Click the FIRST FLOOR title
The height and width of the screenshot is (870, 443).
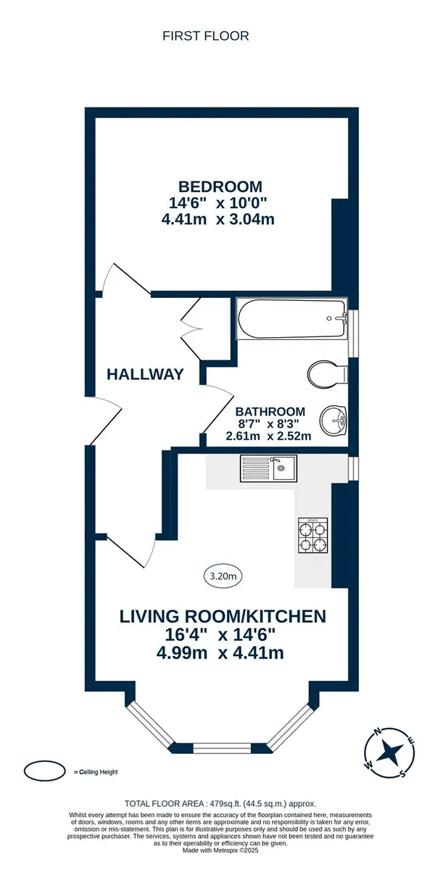pyautogui.click(x=205, y=36)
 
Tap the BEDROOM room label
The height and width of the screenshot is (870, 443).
pyautogui.click(x=220, y=187)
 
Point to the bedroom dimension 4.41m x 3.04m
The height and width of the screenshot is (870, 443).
pyautogui.click(x=218, y=220)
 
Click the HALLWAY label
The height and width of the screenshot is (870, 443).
pyautogui.click(x=145, y=374)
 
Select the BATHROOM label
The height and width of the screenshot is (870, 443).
pyautogui.click(x=270, y=411)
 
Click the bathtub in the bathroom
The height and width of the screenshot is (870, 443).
pyautogui.click(x=291, y=319)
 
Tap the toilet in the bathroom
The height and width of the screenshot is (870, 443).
pyautogui.click(x=327, y=374)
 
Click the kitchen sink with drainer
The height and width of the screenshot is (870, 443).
pyautogui.click(x=268, y=468)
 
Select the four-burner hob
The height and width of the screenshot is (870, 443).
pyautogui.click(x=313, y=535)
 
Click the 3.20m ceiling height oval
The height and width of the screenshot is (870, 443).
pyautogui.click(x=223, y=576)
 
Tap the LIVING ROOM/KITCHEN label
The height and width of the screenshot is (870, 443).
pyautogui.click(x=223, y=616)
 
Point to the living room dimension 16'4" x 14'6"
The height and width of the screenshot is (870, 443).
pyautogui.click(x=220, y=634)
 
